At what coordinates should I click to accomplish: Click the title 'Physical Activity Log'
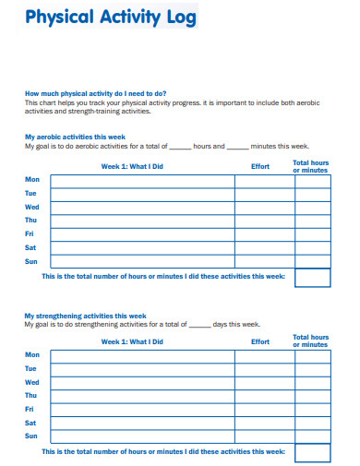coord(110,18)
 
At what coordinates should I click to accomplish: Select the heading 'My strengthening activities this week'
coord(85,316)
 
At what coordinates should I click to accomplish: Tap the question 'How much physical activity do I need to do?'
coord(95,93)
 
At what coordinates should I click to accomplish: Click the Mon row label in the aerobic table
coord(32,179)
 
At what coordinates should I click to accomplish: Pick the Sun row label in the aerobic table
coord(31,261)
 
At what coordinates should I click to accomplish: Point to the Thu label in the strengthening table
coord(31,395)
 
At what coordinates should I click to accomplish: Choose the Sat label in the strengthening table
coord(31,423)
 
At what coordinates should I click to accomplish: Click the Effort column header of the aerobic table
coord(260,167)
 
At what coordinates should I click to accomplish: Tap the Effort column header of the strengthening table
coord(260,342)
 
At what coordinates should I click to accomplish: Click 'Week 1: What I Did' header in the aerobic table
coord(131,167)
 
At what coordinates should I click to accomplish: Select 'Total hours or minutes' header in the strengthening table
coord(310,341)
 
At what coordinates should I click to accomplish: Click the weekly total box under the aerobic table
coord(312,278)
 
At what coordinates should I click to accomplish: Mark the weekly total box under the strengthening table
coord(312,452)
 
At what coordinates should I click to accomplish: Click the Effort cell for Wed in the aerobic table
coord(264,208)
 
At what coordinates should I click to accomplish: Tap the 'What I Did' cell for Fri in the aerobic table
coord(142,234)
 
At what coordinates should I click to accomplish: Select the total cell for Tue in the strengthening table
coord(312,369)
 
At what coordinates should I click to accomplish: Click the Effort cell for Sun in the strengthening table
coord(264,436)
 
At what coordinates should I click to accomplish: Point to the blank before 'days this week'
coord(199,325)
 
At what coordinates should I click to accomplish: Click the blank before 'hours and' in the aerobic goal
coord(180,147)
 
